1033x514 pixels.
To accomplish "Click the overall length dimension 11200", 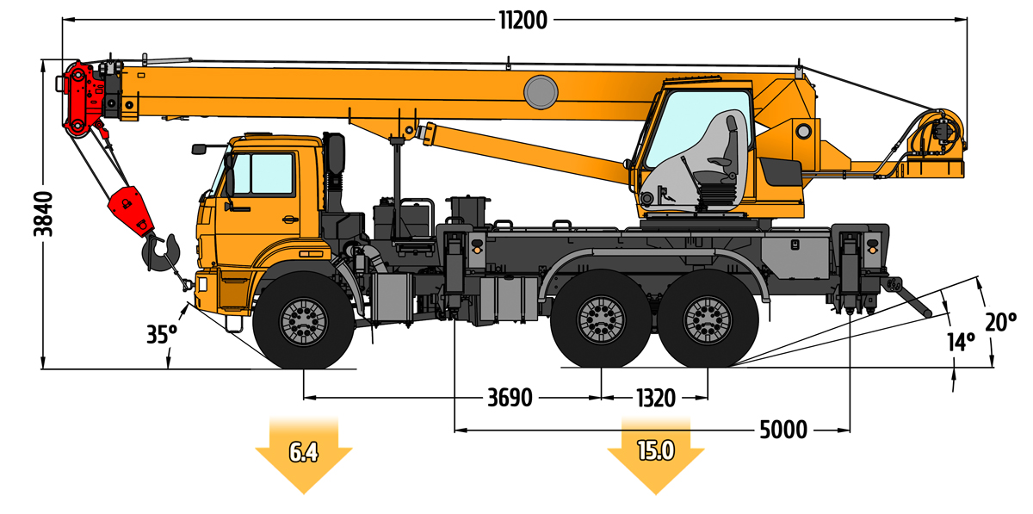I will [x=522, y=19].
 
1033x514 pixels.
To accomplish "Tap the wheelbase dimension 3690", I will [x=510, y=398].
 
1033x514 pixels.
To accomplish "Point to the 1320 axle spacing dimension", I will [x=655, y=398].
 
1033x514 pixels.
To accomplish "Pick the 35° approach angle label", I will [x=160, y=333].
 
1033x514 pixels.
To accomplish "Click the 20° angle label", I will [x=1001, y=322].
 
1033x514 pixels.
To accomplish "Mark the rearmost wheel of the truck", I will [x=707, y=320].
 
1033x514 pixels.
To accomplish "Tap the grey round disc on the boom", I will [x=541, y=90].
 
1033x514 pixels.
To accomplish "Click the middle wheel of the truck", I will [x=600, y=320].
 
